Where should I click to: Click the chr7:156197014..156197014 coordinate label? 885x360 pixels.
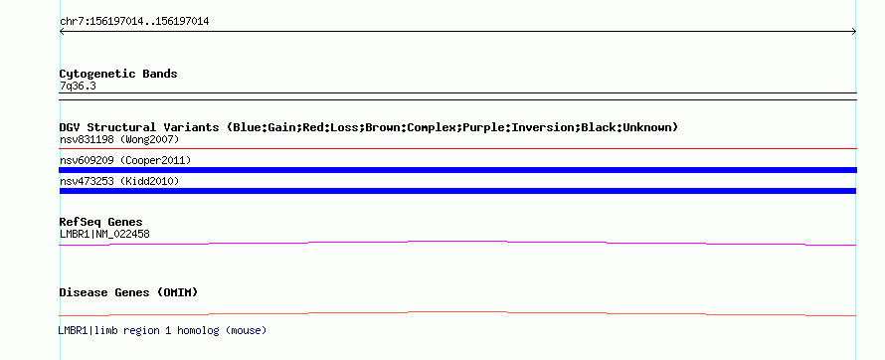pyautogui.click(x=134, y=22)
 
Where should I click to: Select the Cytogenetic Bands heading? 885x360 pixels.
pyautogui.click(x=118, y=74)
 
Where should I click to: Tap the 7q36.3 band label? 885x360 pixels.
pyautogui.click(x=78, y=87)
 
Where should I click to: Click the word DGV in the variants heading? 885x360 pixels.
pyautogui.click(x=70, y=127)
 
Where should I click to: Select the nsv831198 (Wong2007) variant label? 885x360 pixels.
pyautogui.click(x=119, y=139)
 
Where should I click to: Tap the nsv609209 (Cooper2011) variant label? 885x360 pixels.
pyautogui.click(x=125, y=161)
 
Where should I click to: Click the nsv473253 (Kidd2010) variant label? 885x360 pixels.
pyautogui.click(x=119, y=181)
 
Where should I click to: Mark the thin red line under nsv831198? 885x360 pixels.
pyautogui.click(x=457, y=149)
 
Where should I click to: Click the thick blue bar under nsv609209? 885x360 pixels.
pyautogui.click(x=457, y=170)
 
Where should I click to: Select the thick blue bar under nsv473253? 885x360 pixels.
pyautogui.click(x=457, y=191)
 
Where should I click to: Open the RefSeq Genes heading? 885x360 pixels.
pyautogui.click(x=100, y=222)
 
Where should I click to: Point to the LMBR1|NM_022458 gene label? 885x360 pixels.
pyautogui.click(x=104, y=234)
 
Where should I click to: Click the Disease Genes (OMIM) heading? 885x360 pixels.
pyautogui.click(x=128, y=292)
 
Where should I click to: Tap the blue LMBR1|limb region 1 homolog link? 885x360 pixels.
pyautogui.click(x=162, y=330)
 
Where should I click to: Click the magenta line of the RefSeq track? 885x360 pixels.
pyautogui.click(x=457, y=242)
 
